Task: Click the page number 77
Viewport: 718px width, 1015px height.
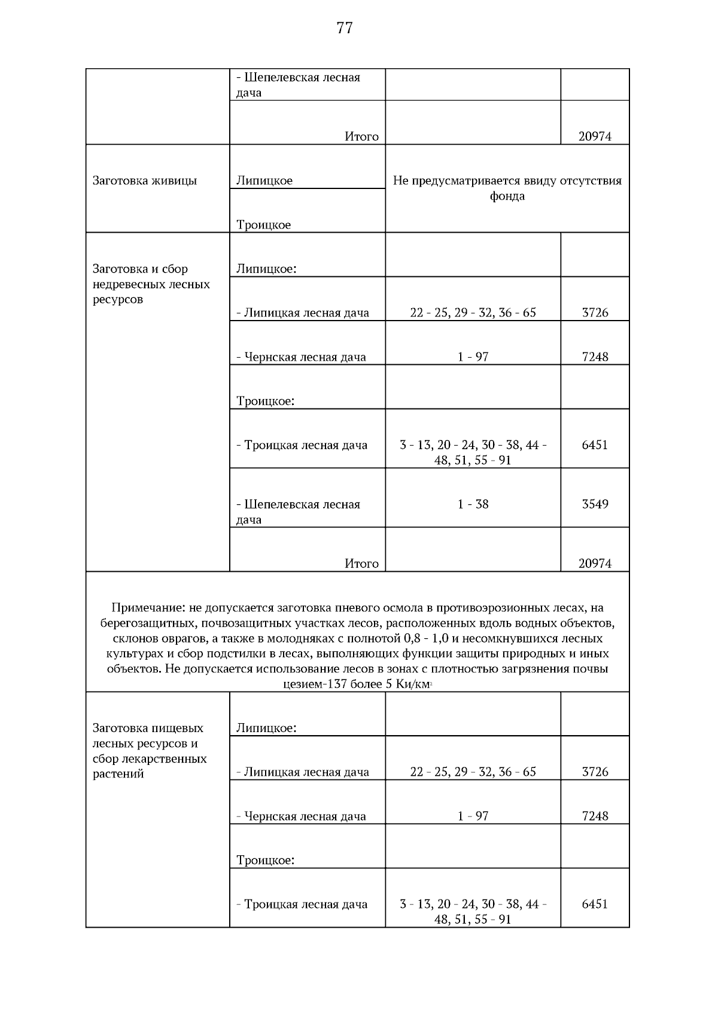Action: tap(345, 28)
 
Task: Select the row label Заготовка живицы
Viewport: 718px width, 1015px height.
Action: tap(145, 181)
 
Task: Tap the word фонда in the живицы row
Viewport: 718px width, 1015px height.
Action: tap(507, 196)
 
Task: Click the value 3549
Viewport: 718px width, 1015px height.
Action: tap(595, 504)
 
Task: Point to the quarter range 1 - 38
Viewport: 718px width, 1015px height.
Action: tap(473, 504)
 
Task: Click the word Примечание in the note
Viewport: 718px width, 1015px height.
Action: tap(148, 608)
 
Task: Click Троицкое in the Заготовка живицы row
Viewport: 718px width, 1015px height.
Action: tap(264, 225)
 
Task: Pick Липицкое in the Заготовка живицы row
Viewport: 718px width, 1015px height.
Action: tap(264, 181)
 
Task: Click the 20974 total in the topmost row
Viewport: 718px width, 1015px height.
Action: tap(595, 136)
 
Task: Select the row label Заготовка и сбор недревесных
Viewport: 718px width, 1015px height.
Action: tap(151, 284)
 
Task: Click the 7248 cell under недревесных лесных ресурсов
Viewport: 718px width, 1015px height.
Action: tap(595, 357)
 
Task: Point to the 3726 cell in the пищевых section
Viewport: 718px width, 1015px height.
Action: tap(595, 772)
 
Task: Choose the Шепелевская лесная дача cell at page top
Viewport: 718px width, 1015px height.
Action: tap(299, 84)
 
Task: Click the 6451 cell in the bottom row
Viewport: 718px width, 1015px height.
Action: tap(595, 904)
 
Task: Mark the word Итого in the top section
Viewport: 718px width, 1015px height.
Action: tap(361, 136)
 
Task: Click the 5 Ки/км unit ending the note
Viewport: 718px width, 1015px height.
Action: tap(407, 684)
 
